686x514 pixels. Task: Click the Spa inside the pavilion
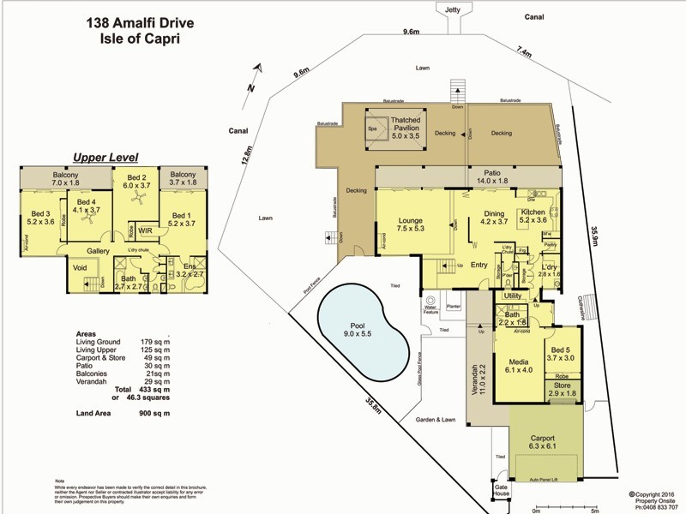372,128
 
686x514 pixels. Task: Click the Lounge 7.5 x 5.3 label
410,224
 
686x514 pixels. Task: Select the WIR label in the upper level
145,230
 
